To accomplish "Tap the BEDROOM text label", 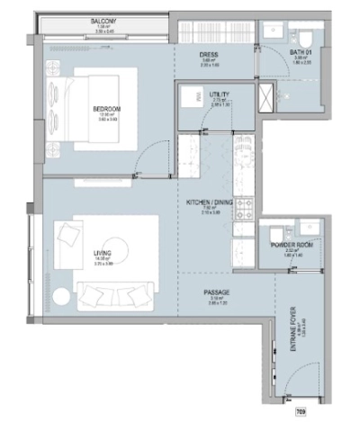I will (x=106, y=109).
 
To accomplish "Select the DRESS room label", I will (x=209, y=55).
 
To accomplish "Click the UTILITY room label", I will (x=215, y=93).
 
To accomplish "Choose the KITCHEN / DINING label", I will (x=209, y=203).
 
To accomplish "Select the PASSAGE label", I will (x=216, y=292).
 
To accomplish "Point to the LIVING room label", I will (x=102, y=255).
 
